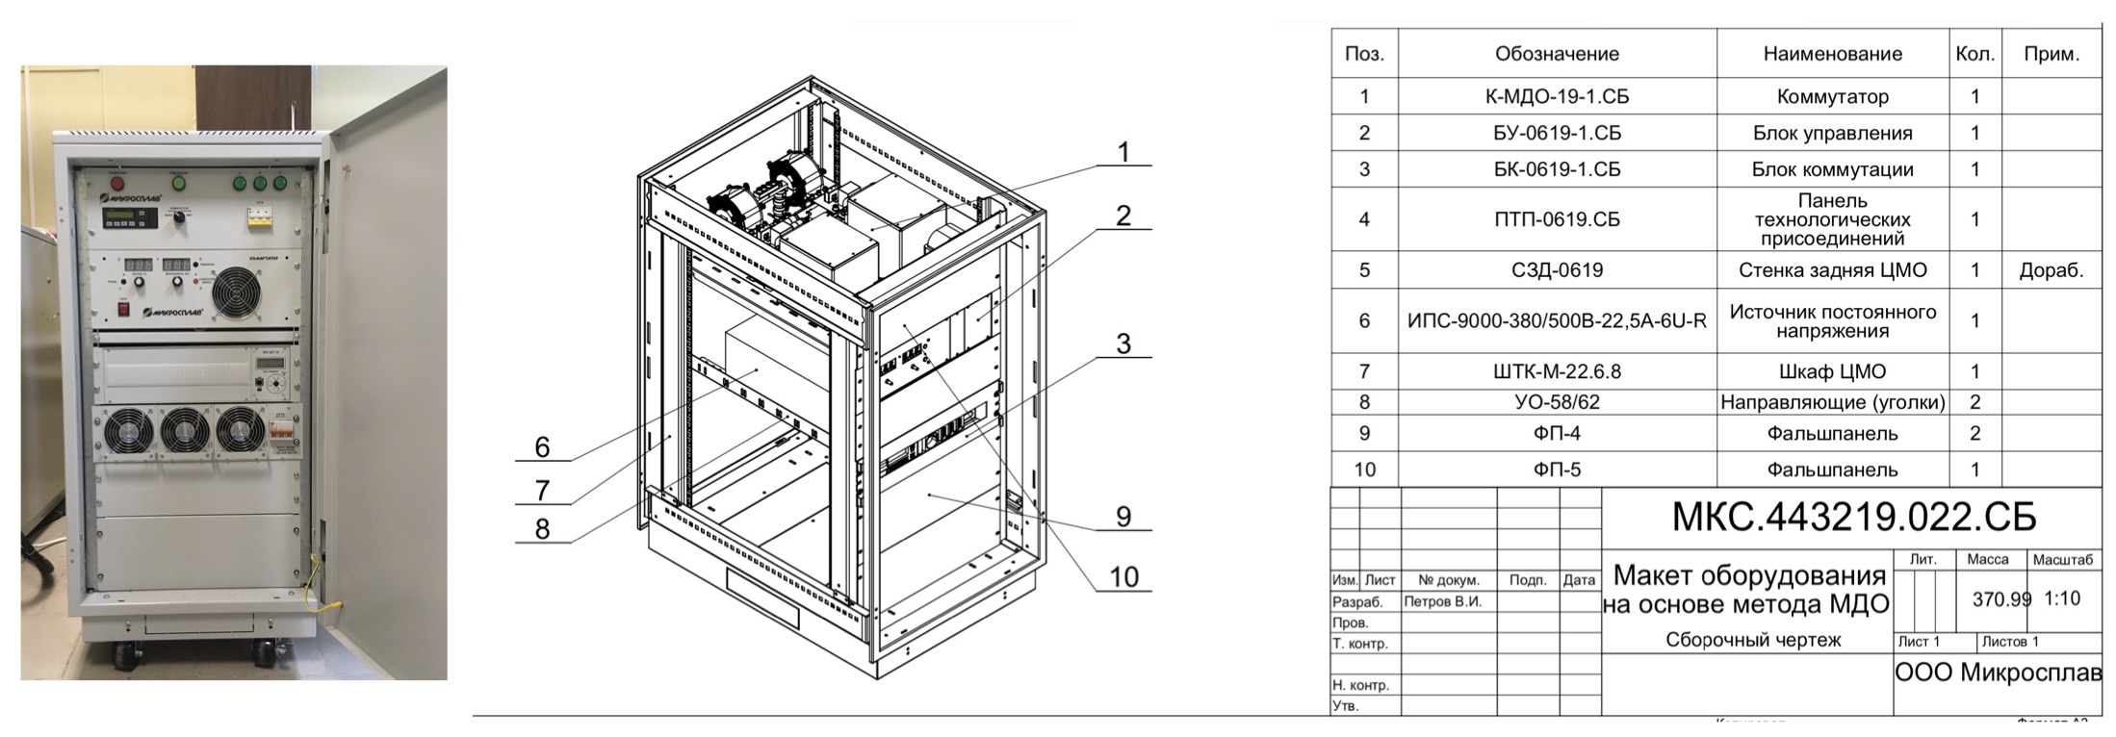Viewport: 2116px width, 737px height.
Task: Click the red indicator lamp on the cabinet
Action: [x=118, y=182]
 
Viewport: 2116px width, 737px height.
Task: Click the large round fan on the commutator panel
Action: [x=235, y=292]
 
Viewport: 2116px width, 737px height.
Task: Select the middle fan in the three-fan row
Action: [x=184, y=432]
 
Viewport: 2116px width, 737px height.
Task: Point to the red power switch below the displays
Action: [x=123, y=310]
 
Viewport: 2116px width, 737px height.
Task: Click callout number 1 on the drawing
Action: [x=1123, y=152]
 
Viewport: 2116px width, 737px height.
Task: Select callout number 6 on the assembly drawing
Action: [x=542, y=446]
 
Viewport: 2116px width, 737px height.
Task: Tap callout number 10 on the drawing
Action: [x=1123, y=576]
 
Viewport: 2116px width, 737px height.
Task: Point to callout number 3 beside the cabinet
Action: [x=1123, y=343]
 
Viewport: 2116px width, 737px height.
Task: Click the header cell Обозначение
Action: [x=1557, y=54]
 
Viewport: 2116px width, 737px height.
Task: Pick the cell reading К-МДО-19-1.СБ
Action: [x=1557, y=96]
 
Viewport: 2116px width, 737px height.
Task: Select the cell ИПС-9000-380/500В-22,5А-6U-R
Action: [x=1557, y=320]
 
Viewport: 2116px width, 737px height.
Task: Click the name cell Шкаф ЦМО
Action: [x=1832, y=371]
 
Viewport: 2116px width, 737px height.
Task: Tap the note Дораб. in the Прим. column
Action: [x=2051, y=270]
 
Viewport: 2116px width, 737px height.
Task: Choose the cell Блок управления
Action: [x=1832, y=133]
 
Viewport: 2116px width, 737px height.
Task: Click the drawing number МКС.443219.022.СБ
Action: [x=1853, y=518]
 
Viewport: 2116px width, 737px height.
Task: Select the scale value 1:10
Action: [x=2062, y=598]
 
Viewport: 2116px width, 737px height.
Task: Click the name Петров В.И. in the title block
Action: [x=1442, y=601]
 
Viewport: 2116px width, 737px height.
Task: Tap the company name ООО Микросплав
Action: [x=1998, y=673]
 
